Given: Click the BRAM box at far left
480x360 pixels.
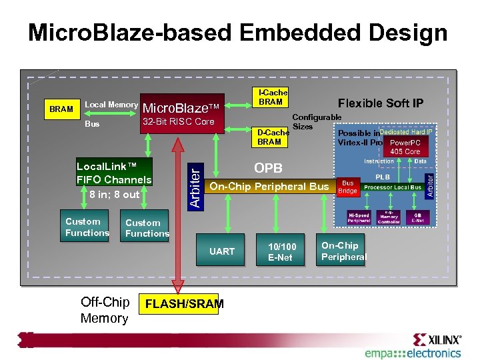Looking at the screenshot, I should coord(62,109).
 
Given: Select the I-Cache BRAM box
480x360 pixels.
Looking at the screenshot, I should coord(270,97).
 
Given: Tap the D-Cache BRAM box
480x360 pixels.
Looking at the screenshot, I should coord(269,137).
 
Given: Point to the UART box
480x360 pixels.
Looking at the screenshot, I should coord(222,251).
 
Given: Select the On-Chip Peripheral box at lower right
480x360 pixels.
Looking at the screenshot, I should coord(343,251).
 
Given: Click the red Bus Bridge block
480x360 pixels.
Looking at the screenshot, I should coord(348,187).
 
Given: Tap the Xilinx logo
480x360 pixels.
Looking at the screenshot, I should coord(437,339).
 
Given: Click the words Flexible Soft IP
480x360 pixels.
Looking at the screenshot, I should coord(380,103).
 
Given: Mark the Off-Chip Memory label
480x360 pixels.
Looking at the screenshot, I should coord(104,310).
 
